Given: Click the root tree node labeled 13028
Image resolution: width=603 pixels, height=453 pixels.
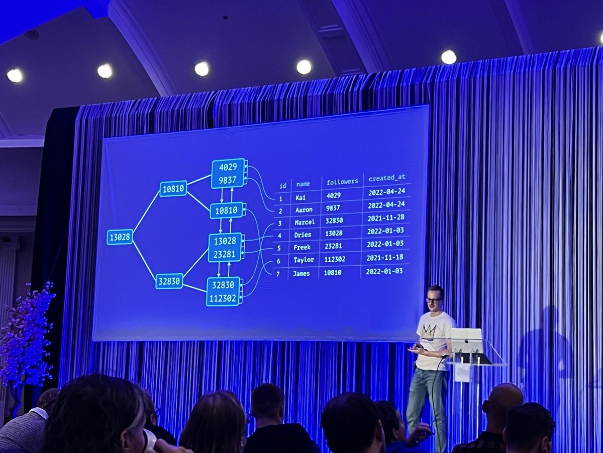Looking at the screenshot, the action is [120, 237].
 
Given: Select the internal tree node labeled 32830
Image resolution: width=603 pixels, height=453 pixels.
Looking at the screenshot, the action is [169, 281].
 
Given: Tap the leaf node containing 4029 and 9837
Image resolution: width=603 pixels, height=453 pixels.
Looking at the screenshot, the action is [228, 173].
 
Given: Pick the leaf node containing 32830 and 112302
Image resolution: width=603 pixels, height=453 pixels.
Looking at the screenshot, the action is [223, 291].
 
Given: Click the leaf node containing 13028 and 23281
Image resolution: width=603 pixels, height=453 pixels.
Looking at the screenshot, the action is [225, 248].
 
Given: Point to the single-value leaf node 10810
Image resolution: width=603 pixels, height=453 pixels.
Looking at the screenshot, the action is [226, 210].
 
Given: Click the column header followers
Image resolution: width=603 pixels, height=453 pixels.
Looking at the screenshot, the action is [342, 181].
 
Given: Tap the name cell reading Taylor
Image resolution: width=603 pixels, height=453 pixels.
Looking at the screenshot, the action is [304, 260].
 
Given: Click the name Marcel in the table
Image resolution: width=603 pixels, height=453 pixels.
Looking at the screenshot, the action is [305, 222].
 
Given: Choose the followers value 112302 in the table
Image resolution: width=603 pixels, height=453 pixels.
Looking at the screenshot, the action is [335, 259].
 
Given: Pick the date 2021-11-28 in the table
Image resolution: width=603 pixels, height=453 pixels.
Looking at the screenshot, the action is [386, 217].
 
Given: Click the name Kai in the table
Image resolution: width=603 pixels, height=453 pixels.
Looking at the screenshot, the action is [300, 197].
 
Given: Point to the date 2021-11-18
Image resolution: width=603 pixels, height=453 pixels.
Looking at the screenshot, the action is [384, 258].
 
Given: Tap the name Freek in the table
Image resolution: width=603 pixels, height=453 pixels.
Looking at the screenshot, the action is [302, 247].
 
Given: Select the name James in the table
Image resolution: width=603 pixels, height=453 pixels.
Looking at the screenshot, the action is [301, 273].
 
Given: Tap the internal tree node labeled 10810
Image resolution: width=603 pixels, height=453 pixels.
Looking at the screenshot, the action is [173, 189].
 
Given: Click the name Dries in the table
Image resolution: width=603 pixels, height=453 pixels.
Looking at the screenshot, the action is [303, 235].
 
